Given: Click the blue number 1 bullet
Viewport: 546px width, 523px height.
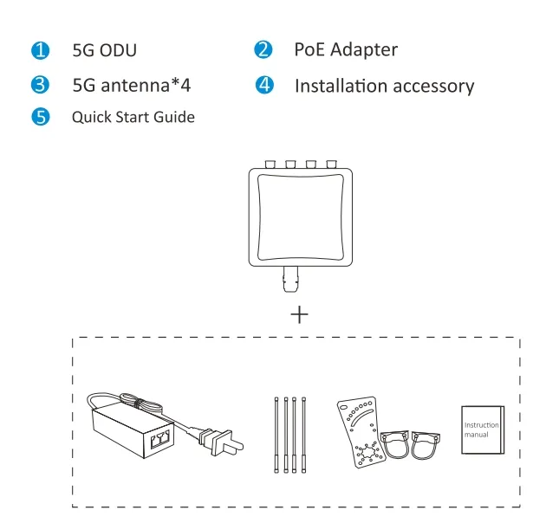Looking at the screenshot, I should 38,50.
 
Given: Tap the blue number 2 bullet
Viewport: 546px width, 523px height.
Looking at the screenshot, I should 263,50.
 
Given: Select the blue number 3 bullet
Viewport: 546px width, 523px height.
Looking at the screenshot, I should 38,85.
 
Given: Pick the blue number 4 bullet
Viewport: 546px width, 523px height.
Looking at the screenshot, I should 263,85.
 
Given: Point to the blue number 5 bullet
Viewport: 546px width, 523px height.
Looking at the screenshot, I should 38,117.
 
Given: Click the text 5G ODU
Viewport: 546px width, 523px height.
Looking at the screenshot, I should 107,50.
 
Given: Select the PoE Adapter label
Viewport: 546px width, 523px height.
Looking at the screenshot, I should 346,50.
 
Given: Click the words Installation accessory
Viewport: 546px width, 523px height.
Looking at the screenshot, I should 384,86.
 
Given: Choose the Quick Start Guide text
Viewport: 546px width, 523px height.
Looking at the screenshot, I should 133,117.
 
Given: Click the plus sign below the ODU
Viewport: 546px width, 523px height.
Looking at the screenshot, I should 298,313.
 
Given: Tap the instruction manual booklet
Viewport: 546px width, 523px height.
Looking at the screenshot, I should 482,429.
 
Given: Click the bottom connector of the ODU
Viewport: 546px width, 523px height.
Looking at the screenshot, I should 291,281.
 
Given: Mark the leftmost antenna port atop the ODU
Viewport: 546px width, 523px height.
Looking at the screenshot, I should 270,163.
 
